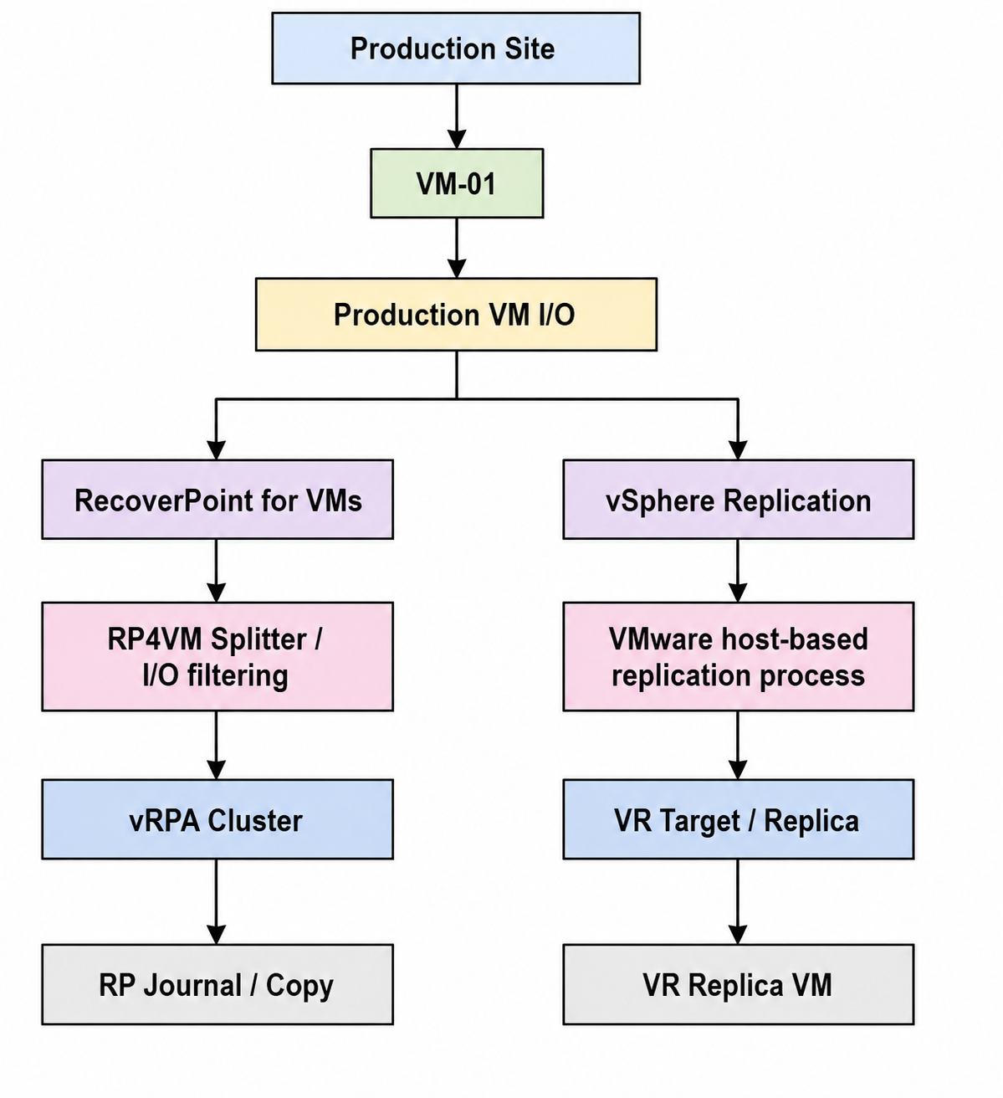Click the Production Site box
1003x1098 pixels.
456,49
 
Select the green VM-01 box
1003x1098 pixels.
457,183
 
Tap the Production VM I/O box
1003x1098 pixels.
456,314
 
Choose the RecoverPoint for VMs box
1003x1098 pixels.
217,499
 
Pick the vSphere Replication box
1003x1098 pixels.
738,499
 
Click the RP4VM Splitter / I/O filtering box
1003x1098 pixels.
217,656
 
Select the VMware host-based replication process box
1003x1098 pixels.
738,656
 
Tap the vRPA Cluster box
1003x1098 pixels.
217,818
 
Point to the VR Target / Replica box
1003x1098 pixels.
738,818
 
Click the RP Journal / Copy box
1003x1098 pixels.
217,984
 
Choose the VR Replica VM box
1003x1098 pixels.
738,984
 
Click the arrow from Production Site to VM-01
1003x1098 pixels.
457,116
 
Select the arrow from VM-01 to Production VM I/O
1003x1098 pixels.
457,249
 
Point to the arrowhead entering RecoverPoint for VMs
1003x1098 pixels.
217,450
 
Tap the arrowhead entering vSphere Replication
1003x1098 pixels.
738,450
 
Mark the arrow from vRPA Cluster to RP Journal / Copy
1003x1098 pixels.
217,901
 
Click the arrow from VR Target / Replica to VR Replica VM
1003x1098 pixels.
738,901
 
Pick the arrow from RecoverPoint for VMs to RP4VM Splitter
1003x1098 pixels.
217,571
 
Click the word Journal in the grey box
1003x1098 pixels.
192,986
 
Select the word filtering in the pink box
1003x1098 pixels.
238,675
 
